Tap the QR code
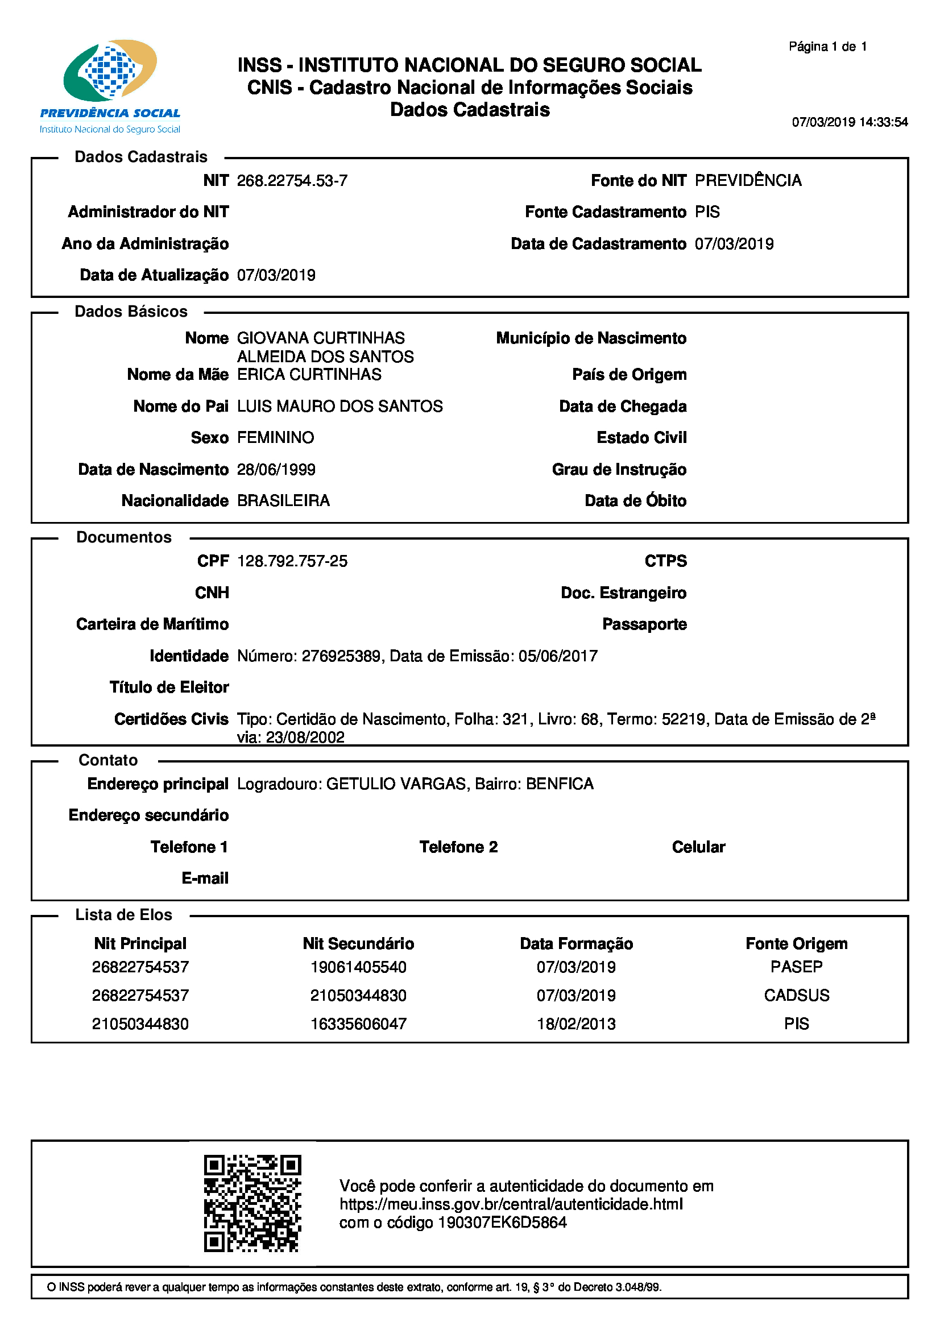(x=252, y=1204)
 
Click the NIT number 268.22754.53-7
(x=292, y=181)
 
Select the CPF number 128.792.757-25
(x=292, y=561)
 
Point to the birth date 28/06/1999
(x=276, y=469)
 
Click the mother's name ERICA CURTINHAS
(x=309, y=375)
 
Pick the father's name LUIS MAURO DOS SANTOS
(x=339, y=406)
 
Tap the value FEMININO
(x=275, y=437)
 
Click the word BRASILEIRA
(x=283, y=500)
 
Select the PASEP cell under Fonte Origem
(x=796, y=967)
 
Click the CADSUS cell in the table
(x=796, y=995)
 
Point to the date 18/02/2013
(x=575, y=1024)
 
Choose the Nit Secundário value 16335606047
(x=358, y=1024)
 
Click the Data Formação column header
(x=575, y=944)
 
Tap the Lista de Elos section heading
(x=123, y=915)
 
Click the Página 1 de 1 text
(x=827, y=46)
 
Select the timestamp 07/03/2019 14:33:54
(x=850, y=122)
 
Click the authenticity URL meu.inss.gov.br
(x=511, y=1204)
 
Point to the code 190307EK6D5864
(x=502, y=1223)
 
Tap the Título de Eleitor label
(x=169, y=687)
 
